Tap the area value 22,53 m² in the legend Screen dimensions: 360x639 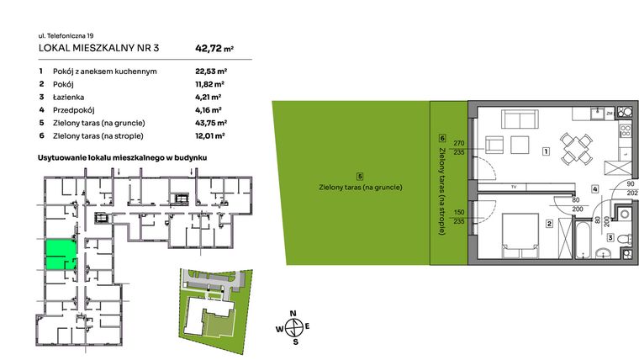pyautogui.click(x=209, y=71)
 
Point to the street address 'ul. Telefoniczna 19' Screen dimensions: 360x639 pyautogui.click(x=66, y=35)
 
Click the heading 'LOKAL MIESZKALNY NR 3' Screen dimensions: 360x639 pyautogui.click(x=93, y=49)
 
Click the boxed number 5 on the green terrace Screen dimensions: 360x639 pyautogui.click(x=360, y=176)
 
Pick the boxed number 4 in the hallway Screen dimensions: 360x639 pyautogui.click(x=594, y=189)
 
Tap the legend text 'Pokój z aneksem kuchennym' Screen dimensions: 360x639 pyautogui.click(x=104, y=71)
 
